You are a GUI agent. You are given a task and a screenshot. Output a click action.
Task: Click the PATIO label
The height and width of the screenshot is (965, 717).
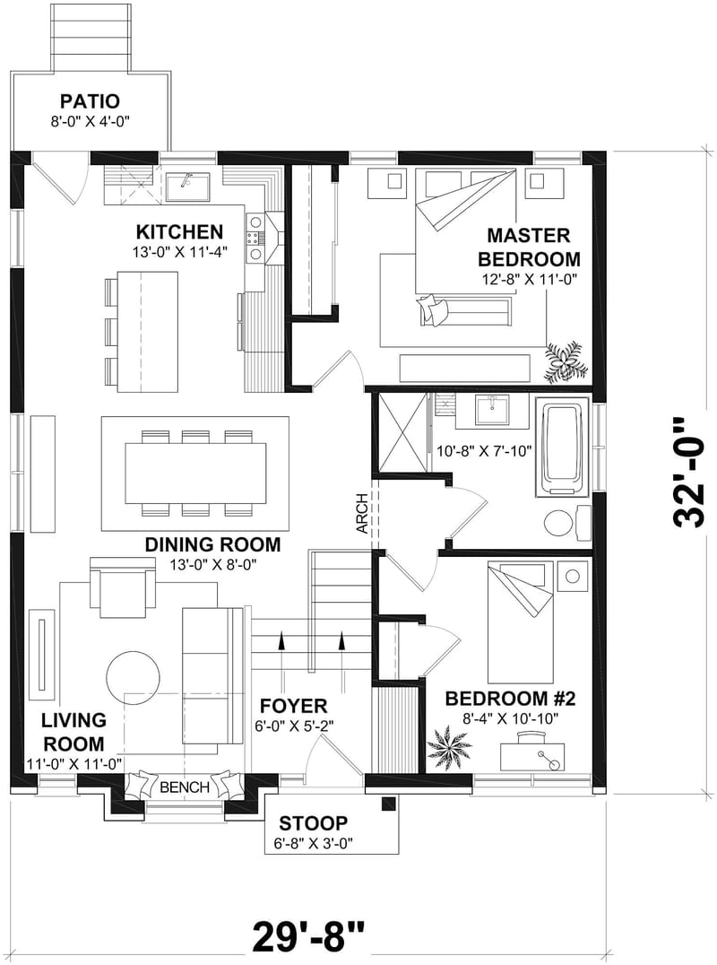(x=91, y=100)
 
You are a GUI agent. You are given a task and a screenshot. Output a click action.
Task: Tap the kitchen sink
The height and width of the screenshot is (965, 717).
(x=188, y=187)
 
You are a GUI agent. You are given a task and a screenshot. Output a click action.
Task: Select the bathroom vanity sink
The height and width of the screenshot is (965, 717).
(x=491, y=412)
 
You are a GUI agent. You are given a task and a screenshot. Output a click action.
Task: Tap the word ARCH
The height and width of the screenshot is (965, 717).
(x=362, y=513)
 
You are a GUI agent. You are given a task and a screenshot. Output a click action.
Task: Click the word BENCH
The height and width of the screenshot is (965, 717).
(x=184, y=787)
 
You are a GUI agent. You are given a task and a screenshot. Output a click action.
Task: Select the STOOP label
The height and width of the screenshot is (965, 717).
(x=313, y=823)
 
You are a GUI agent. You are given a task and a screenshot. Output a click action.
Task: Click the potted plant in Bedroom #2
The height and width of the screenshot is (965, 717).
(x=449, y=744)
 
